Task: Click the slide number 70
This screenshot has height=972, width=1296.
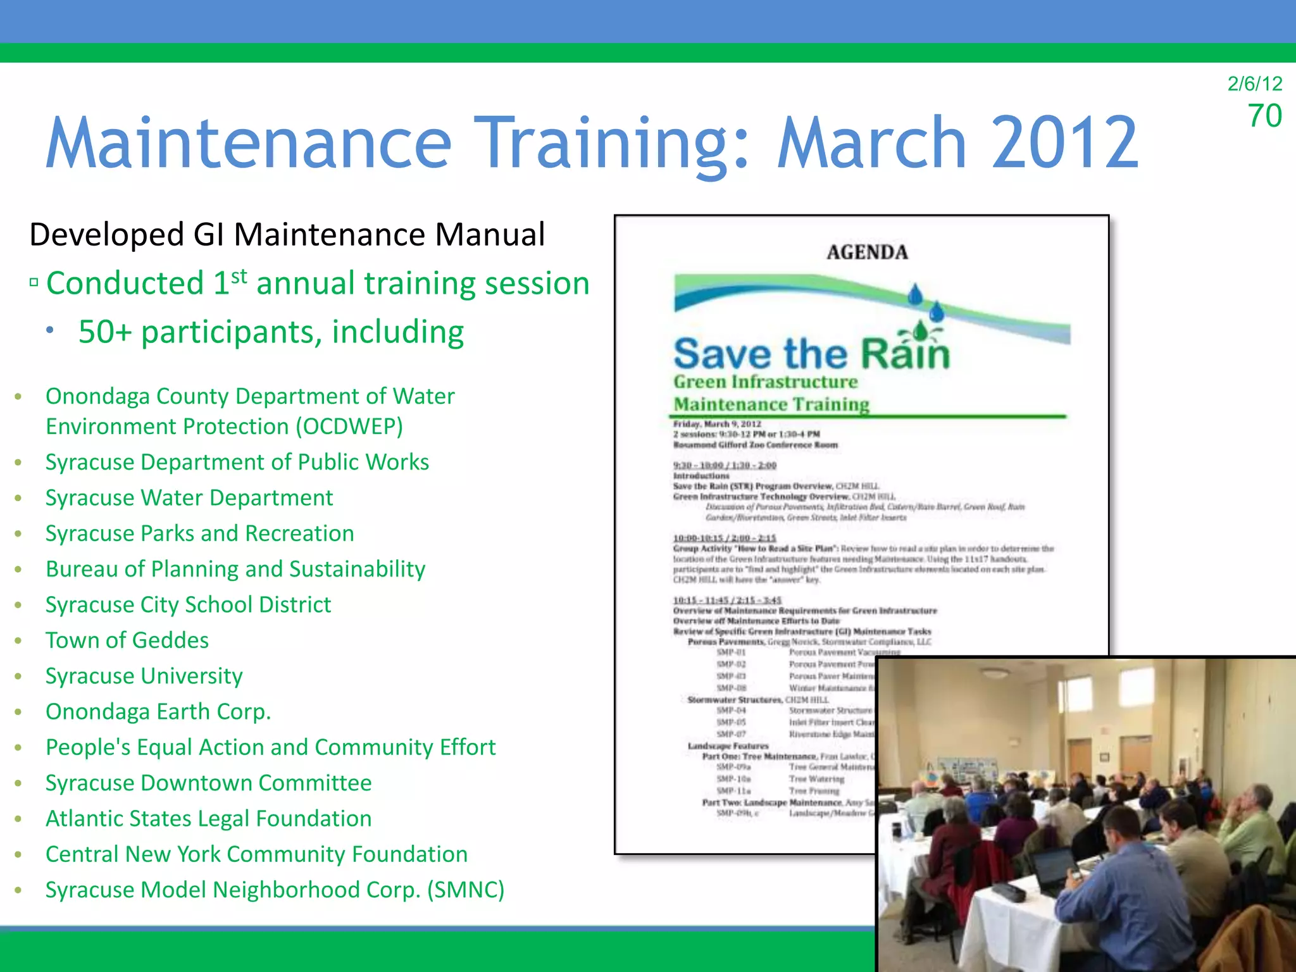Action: pyautogui.click(x=1264, y=116)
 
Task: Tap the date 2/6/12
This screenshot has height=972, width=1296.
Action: pyautogui.click(x=1254, y=84)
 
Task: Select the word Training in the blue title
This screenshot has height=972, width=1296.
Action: pyautogui.click(x=613, y=144)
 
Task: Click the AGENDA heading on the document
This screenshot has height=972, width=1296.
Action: pyautogui.click(x=867, y=252)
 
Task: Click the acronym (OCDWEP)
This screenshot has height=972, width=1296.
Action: pyautogui.click(x=349, y=427)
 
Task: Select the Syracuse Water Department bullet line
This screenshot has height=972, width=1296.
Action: pyautogui.click(x=189, y=498)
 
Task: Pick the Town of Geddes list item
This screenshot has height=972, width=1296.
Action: pyautogui.click(x=127, y=640)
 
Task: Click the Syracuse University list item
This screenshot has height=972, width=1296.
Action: pyautogui.click(x=144, y=676)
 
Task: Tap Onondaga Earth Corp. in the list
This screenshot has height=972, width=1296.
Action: pyautogui.click(x=158, y=712)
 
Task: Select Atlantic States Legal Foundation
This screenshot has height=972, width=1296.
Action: pyautogui.click(x=208, y=819)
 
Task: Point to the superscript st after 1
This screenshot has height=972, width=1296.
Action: pyautogui.click(x=239, y=277)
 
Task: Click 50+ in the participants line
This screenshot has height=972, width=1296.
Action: pyautogui.click(x=104, y=332)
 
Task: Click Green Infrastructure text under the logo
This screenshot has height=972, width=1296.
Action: pyautogui.click(x=765, y=382)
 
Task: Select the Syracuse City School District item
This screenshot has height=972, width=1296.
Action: pyautogui.click(x=188, y=605)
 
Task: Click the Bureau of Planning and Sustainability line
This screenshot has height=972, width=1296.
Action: pyautogui.click(x=235, y=570)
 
